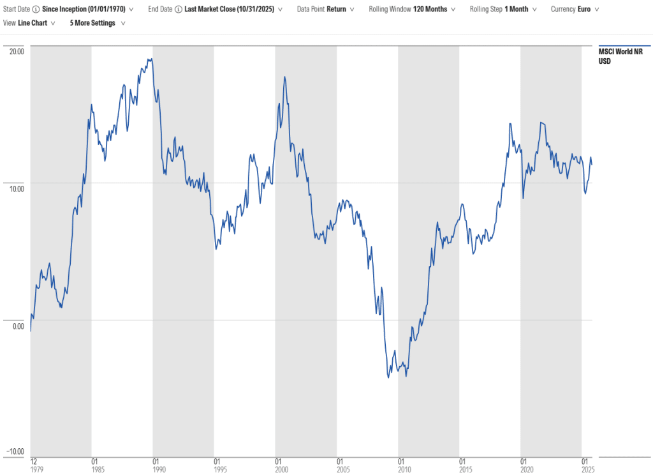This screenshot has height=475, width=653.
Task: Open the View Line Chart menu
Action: point(33,23)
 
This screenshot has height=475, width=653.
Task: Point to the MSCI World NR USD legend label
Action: point(616,56)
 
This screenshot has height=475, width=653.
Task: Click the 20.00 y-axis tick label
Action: point(16,51)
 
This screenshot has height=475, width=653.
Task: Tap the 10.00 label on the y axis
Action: point(16,188)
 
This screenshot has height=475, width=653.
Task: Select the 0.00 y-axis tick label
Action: point(17,326)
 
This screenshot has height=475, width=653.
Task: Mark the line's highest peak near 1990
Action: point(150,59)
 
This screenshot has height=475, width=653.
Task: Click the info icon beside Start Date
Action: point(36,10)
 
